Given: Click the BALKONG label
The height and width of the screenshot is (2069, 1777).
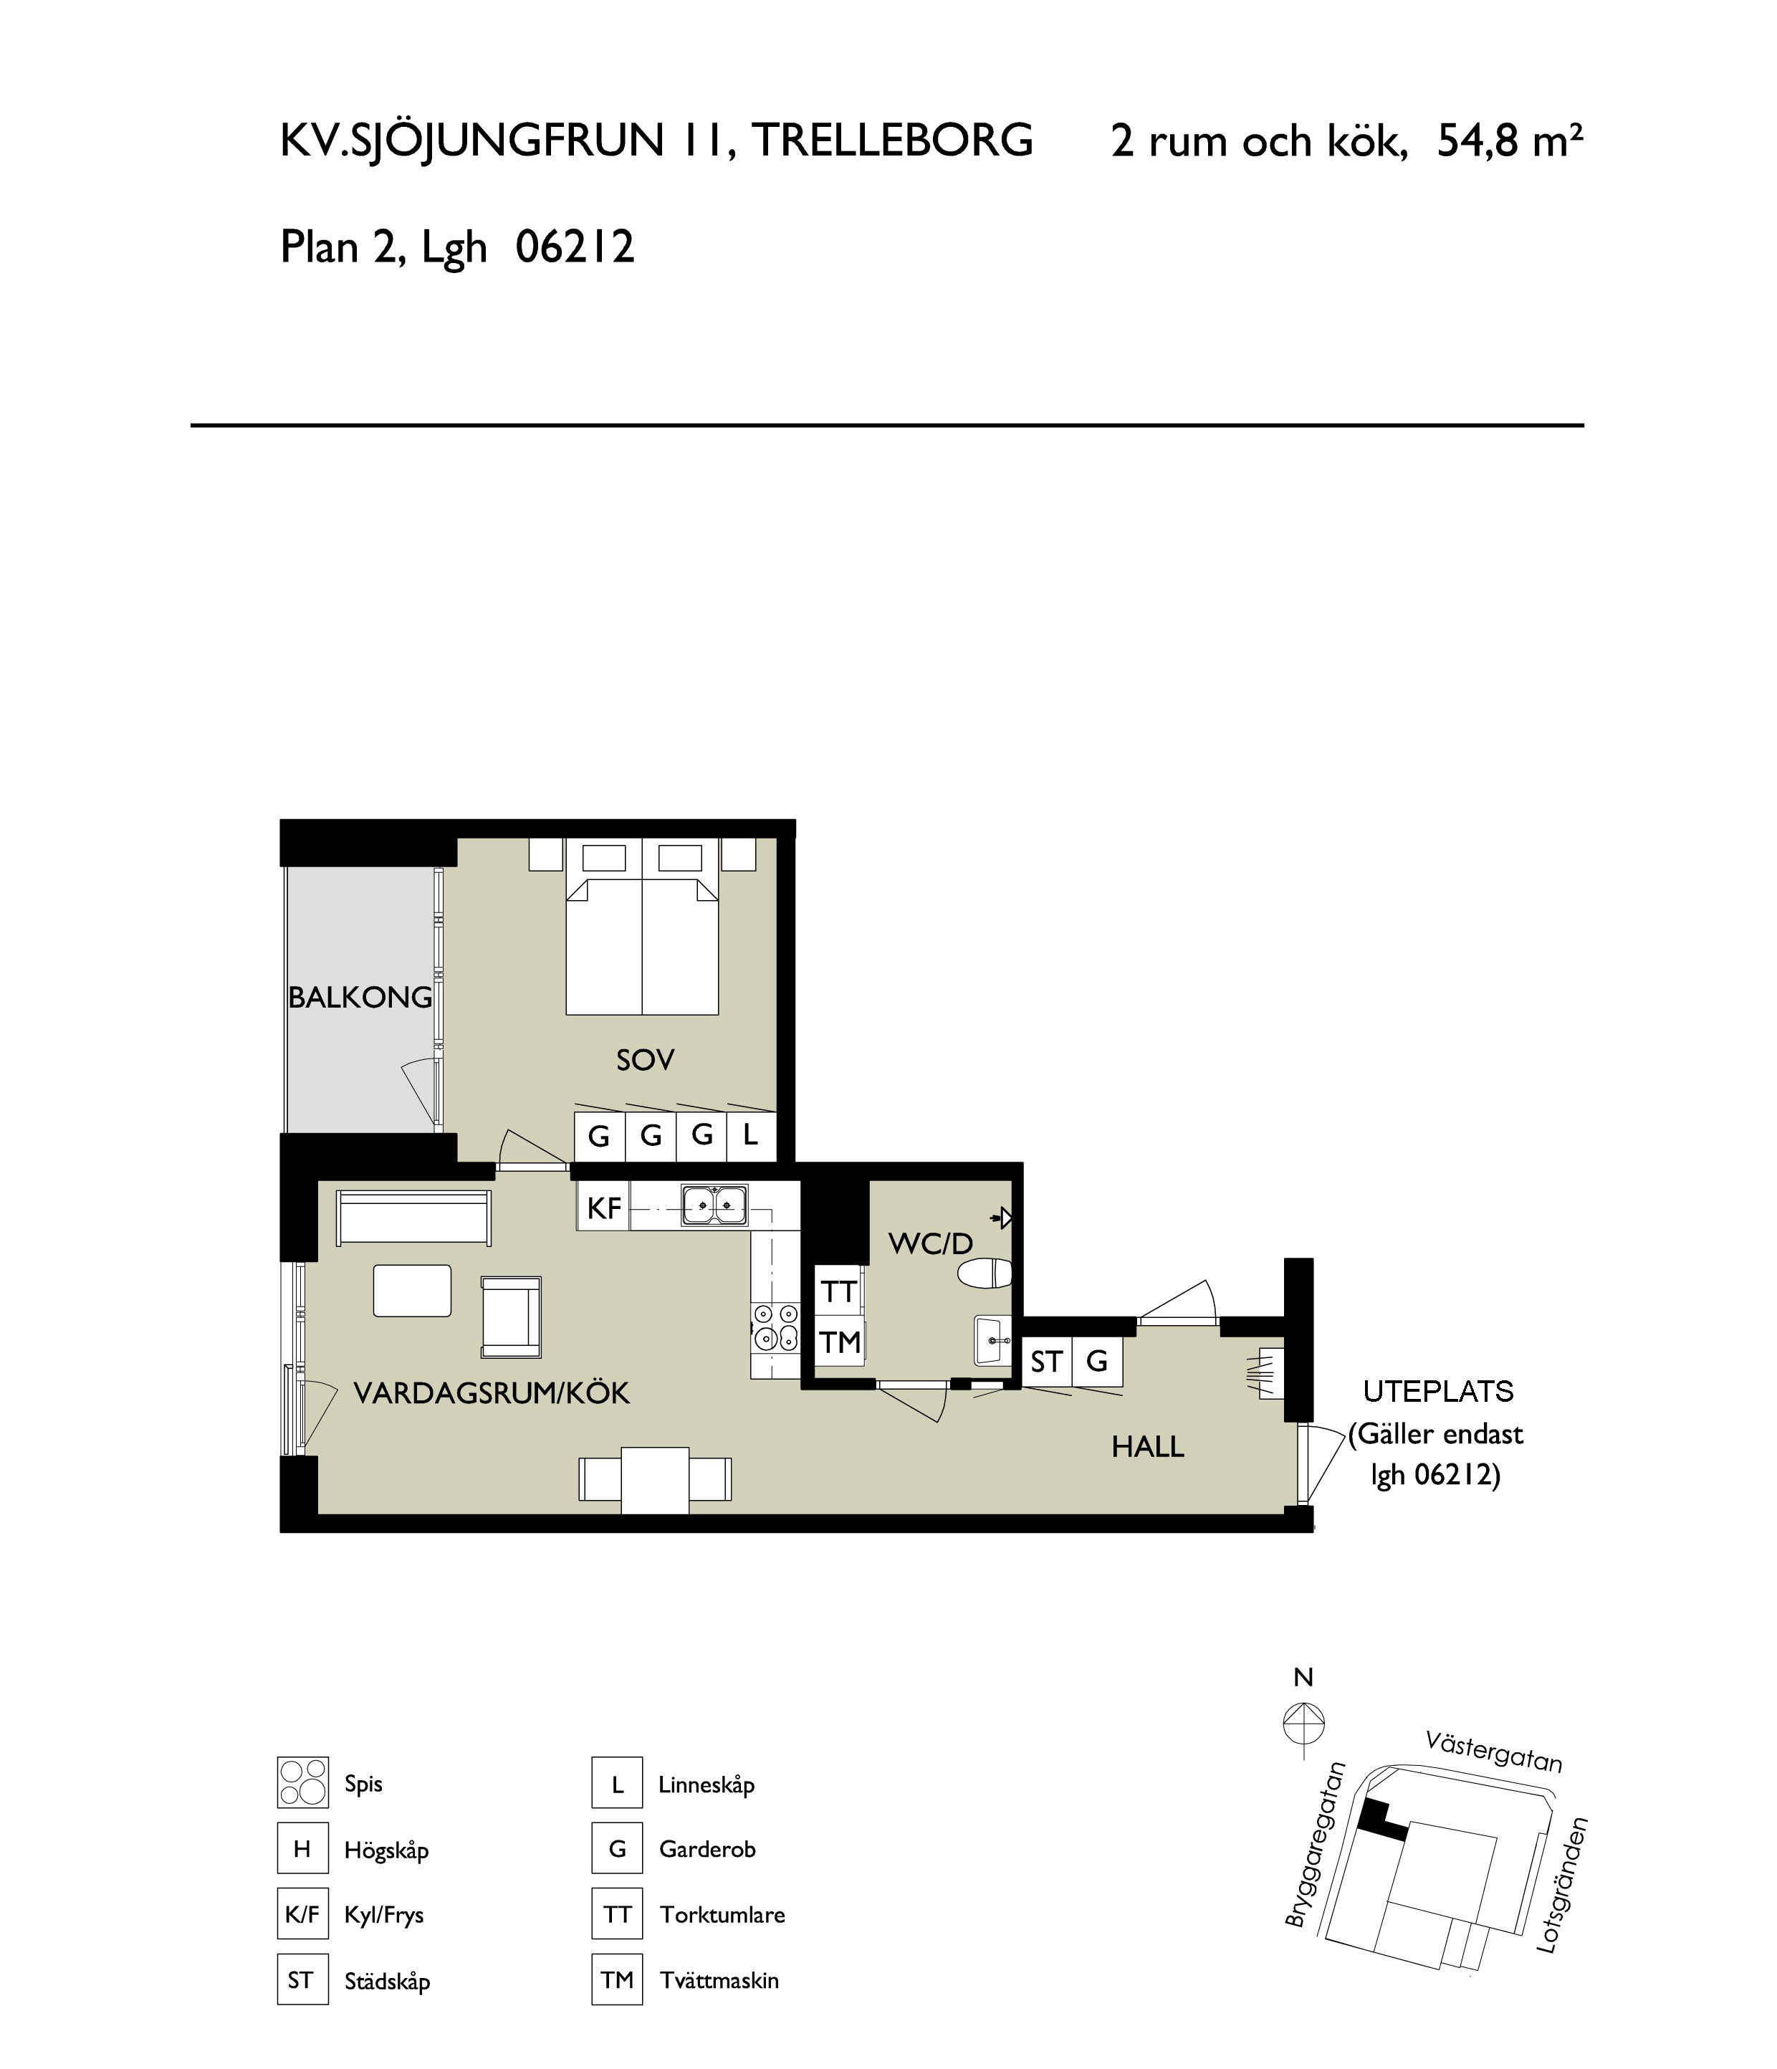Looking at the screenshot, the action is tap(360, 997).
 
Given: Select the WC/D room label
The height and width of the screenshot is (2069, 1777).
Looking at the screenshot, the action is tap(931, 1243).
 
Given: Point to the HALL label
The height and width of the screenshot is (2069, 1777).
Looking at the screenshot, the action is tap(1148, 1447).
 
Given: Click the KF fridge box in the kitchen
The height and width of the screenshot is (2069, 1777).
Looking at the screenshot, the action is tap(604, 1208).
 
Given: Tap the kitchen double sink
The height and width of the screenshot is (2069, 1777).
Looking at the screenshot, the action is tap(715, 1205).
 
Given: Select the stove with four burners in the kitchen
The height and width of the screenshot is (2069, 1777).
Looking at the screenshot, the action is tap(776, 1327).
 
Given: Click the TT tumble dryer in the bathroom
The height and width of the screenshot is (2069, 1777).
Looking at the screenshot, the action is tap(838, 1292).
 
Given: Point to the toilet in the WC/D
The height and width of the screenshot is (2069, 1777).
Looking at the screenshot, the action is tap(985, 1274).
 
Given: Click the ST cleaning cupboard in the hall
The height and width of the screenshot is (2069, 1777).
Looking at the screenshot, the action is tap(1046, 1361).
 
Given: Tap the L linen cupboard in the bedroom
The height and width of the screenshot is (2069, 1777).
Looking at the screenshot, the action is tap(751, 1135).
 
